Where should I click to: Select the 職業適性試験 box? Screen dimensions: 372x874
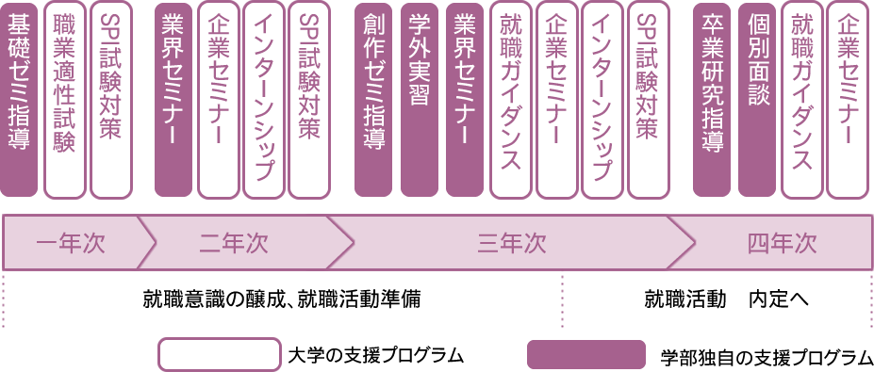click(64, 99)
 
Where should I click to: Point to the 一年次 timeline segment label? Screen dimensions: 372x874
click(71, 243)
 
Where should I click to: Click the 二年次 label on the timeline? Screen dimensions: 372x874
click(234, 243)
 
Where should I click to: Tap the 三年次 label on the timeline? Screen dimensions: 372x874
click(512, 243)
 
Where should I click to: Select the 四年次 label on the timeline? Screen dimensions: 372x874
click(782, 243)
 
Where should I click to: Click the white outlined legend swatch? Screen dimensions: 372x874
click(219, 354)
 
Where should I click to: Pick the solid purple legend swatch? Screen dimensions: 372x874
click(585, 354)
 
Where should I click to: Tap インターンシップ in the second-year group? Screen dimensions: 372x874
click(263, 99)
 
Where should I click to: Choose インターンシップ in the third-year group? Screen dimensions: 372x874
click(601, 99)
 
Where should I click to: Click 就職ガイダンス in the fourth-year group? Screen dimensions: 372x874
click(802, 99)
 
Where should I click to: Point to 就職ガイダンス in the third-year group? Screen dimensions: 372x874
click(510, 99)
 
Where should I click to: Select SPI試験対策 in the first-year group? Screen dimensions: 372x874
click(110, 99)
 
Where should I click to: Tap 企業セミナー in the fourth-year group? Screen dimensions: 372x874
click(848, 99)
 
